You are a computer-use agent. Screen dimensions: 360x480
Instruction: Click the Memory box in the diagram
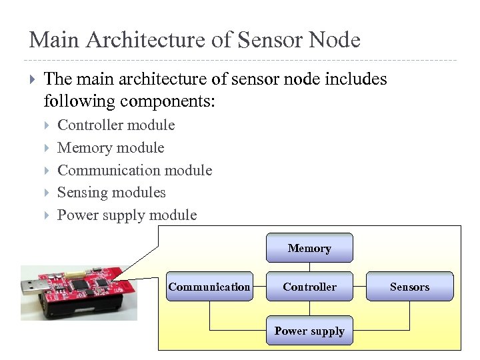click(309, 248)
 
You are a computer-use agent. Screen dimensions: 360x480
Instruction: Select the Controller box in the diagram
click(309, 287)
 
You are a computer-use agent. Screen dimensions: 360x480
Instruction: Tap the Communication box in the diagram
click(209, 287)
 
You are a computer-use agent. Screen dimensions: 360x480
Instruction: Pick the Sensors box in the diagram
click(409, 287)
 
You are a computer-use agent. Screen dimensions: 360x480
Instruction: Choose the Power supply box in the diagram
click(309, 331)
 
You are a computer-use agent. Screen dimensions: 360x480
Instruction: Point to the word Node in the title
click(335, 40)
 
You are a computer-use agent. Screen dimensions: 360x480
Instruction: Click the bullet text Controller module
click(116, 125)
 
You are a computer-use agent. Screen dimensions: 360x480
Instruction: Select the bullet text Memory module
click(111, 148)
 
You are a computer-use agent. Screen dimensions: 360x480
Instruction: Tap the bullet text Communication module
click(135, 171)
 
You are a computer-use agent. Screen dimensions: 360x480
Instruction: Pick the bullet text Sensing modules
click(111, 193)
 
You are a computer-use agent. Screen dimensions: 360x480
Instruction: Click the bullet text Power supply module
click(127, 215)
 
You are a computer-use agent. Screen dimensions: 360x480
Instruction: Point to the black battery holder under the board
click(87, 311)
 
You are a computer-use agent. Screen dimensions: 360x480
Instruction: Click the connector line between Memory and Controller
click(309, 267)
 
